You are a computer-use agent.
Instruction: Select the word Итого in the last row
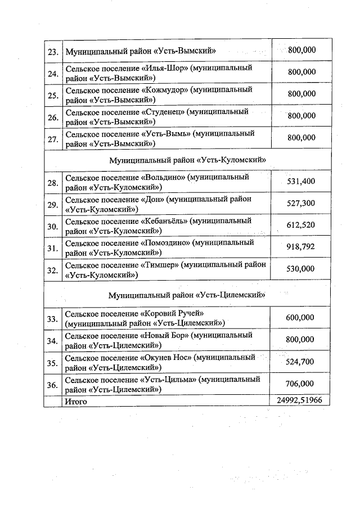pyautogui.click(x=76, y=401)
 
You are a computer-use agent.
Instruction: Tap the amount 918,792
pyautogui.click(x=300, y=247)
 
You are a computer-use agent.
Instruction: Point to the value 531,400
pyautogui.click(x=300, y=181)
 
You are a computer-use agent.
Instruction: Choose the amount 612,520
pyautogui.click(x=300, y=225)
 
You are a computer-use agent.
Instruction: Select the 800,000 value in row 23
pyautogui.click(x=301, y=50)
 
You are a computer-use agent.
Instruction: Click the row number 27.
pyautogui.click(x=53, y=139)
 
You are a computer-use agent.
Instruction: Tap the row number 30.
pyautogui.click(x=53, y=227)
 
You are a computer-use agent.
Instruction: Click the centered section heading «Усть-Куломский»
pyautogui.click(x=187, y=160)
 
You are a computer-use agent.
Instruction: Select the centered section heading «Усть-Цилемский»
pyautogui.click(x=187, y=295)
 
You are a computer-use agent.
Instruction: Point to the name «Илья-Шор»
pyautogui.click(x=164, y=68)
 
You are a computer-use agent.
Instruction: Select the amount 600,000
pyautogui.click(x=300, y=318)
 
